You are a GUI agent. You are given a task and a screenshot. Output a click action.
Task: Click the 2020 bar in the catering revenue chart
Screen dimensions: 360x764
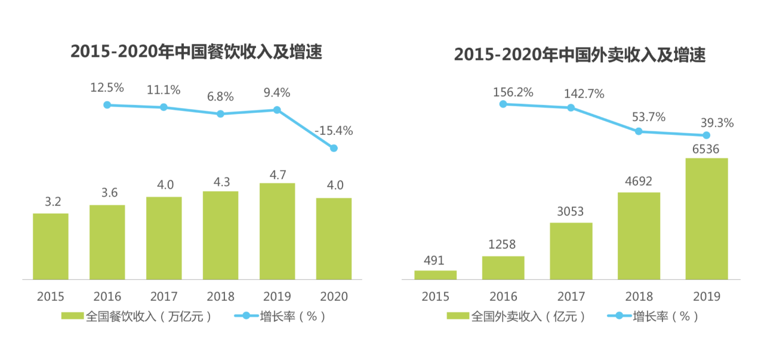point(334,238)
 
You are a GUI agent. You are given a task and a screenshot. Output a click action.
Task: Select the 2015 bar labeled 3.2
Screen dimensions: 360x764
point(51,246)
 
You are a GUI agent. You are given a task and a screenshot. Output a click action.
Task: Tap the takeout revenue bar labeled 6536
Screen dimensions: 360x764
point(707,219)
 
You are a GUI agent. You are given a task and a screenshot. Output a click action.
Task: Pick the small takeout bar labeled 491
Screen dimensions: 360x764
point(436,275)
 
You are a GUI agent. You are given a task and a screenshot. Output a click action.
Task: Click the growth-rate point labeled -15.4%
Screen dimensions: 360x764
point(334,148)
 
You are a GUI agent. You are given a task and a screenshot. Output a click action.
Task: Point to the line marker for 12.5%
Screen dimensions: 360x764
point(107,104)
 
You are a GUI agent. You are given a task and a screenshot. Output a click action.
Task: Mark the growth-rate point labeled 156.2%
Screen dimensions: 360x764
point(503,104)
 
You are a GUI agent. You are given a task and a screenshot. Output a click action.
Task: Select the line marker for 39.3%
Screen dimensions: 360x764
point(707,136)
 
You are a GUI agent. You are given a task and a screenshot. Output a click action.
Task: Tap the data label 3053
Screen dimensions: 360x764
point(571,211)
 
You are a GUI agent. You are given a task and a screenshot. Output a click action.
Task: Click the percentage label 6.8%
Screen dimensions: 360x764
point(220,97)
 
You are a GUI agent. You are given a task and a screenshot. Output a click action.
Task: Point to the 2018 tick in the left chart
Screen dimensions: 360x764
point(220,296)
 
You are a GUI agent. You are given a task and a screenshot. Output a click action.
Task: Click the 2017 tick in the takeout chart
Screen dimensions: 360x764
point(571,296)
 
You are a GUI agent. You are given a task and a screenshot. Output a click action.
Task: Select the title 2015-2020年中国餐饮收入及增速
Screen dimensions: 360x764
point(196,52)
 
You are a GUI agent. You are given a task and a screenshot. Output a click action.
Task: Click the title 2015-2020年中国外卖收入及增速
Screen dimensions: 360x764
point(580,55)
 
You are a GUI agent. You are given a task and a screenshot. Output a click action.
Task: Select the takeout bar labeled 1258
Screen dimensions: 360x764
point(503,267)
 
